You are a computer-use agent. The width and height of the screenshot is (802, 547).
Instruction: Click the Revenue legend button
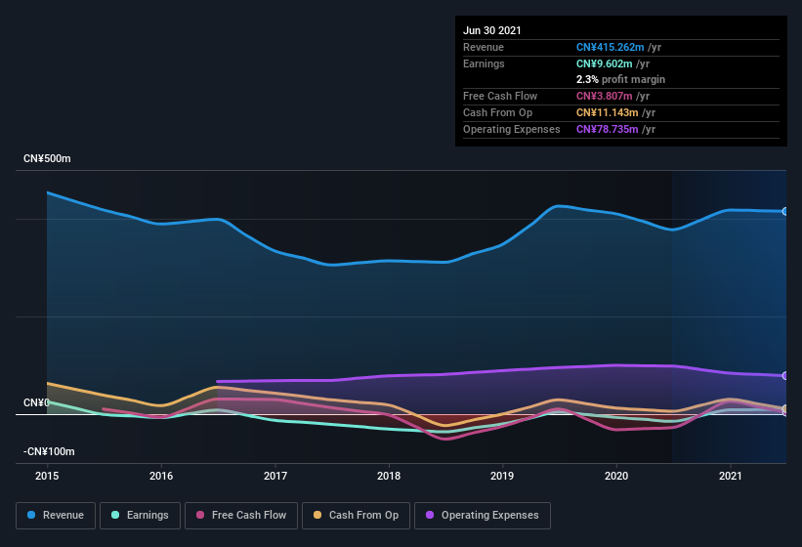(x=56, y=515)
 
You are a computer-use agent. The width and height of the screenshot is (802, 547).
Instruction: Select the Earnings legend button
(x=140, y=515)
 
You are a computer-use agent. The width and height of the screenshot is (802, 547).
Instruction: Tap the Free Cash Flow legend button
(x=241, y=515)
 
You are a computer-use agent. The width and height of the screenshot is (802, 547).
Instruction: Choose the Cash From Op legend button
(x=357, y=515)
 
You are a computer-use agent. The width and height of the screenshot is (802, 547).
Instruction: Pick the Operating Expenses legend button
(x=483, y=515)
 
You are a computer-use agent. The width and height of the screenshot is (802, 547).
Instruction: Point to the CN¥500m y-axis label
(x=48, y=158)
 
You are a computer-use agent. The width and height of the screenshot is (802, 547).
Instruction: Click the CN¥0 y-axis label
(x=36, y=402)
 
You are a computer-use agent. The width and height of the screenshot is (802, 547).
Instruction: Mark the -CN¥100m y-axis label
(x=50, y=451)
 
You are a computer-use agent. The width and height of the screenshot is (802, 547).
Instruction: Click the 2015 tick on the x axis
(x=47, y=476)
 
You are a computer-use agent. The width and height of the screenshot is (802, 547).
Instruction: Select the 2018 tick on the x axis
(x=389, y=476)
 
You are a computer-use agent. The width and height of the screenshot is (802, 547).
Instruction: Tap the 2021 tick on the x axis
(x=731, y=476)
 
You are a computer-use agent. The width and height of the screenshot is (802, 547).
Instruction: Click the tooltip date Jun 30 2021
(x=492, y=30)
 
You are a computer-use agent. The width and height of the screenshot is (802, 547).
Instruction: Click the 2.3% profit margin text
(x=620, y=79)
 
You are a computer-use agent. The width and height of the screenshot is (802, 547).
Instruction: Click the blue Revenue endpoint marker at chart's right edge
(x=785, y=211)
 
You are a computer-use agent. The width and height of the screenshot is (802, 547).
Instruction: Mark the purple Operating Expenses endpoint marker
(x=785, y=375)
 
